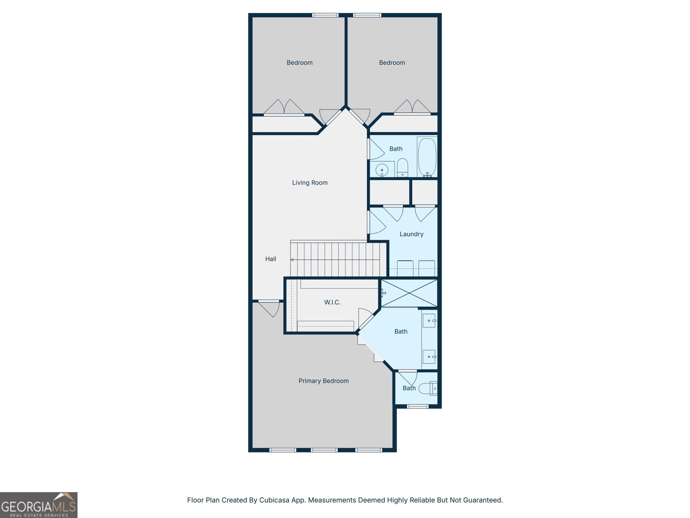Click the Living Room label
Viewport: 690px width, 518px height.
(310, 183)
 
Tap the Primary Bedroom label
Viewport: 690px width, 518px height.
(323, 381)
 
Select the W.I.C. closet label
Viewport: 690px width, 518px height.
(332, 302)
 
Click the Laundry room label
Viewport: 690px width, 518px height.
(411, 234)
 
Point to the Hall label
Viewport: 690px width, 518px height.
(270, 259)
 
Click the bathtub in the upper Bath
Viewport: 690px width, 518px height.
(427, 156)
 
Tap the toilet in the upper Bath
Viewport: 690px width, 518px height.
(402, 167)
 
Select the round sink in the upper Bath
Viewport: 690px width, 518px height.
(382, 170)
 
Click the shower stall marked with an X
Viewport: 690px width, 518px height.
(409, 293)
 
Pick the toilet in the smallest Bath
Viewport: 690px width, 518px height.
(429, 388)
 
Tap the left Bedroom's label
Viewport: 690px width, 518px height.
(299, 63)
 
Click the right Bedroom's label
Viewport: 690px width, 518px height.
(392, 63)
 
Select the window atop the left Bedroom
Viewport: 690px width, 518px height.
(325, 15)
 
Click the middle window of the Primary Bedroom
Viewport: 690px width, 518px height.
(324, 450)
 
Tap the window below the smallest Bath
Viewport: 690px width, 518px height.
(417, 406)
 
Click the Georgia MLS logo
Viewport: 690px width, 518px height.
(38, 505)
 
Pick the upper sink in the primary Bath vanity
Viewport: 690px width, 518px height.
(429, 321)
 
